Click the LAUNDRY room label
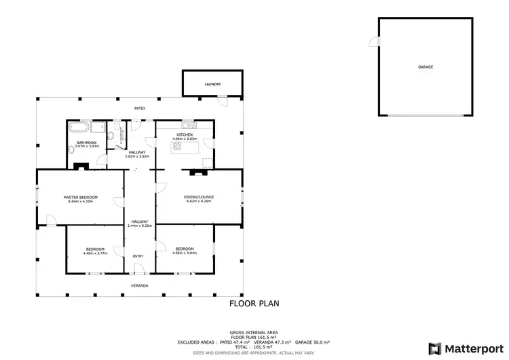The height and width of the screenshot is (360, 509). click(x=213, y=84)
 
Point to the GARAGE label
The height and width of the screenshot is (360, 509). click(x=426, y=67)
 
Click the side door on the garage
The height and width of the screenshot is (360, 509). click(x=374, y=42)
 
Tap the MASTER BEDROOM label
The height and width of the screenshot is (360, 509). click(x=81, y=197)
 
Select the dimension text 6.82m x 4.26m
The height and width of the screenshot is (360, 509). click(x=198, y=202)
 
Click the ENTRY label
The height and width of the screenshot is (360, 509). click(x=138, y=256)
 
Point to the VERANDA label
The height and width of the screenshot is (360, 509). click(x=140, y=285)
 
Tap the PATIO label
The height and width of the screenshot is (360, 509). click(x=140, y=109)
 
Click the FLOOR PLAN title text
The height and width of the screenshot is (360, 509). click(x=254, y=304)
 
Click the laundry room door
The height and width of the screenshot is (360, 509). click(x=222, y=102)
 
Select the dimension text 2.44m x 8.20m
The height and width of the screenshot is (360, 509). click(x=140, y=226)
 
